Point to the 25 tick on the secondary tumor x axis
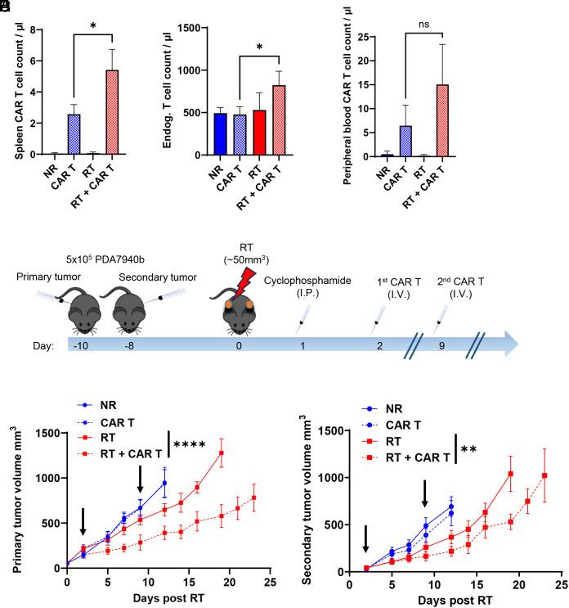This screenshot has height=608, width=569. pos(560,587)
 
